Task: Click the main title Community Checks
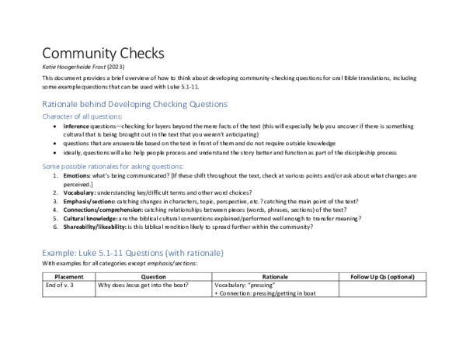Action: click(x=103, y=54)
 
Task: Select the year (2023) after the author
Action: click(x=126, y=67)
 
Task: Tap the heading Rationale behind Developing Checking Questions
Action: click(x=134, y=103)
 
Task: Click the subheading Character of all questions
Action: click(x=82, y=116)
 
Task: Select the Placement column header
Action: click(x=68, y=276)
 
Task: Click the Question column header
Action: click(x=153, y=276)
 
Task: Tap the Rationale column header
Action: click(x=275, y=276)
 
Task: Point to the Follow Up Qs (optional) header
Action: click(x=382, y=276)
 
